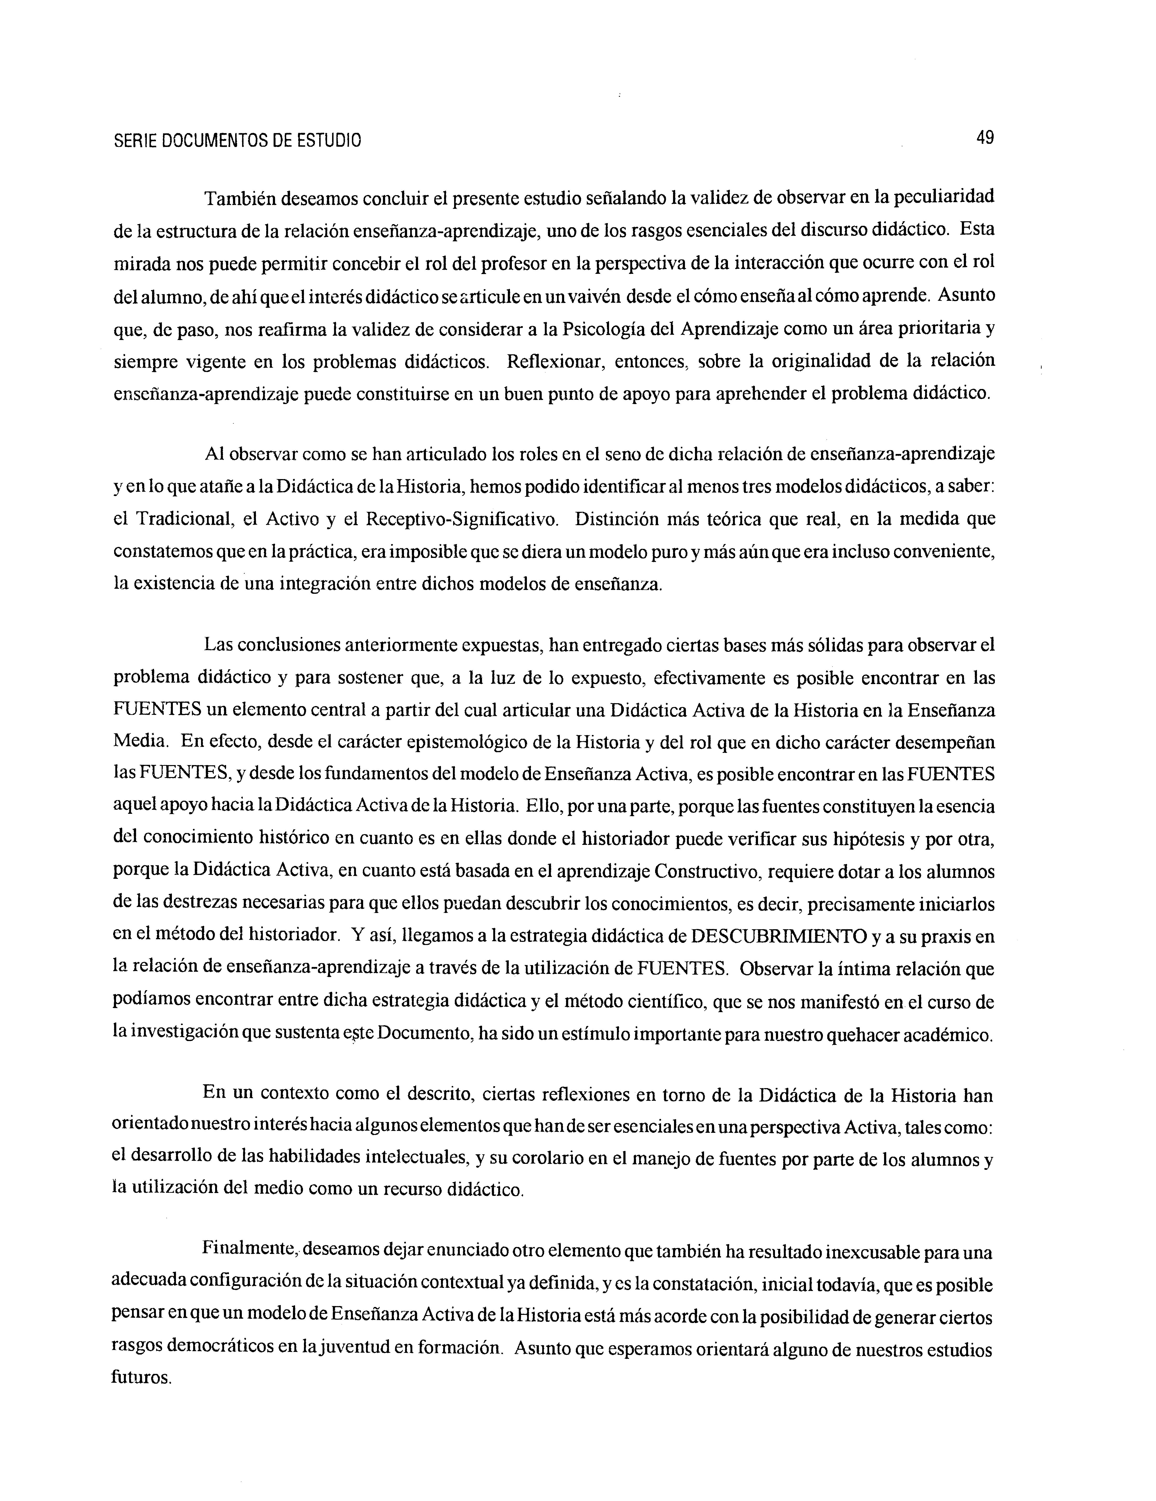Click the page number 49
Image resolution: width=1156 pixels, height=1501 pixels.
[984, 138]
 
